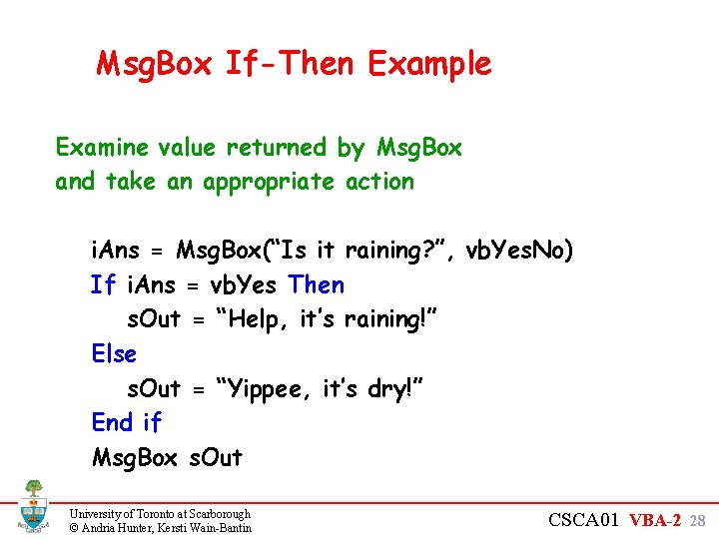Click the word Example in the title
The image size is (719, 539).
[429, 65]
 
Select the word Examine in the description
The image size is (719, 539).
[101, 148]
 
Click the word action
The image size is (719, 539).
[379, 182]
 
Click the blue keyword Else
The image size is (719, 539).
[114, 354]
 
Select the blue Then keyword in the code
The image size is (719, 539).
[317, 285]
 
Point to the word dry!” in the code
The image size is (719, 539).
[395, 389]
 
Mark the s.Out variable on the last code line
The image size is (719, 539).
[215, 458]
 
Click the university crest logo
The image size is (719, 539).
[32, 506]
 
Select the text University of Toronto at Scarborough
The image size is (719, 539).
[160, 513]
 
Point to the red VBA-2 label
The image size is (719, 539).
[661, 520]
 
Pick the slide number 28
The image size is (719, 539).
[698, 521]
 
